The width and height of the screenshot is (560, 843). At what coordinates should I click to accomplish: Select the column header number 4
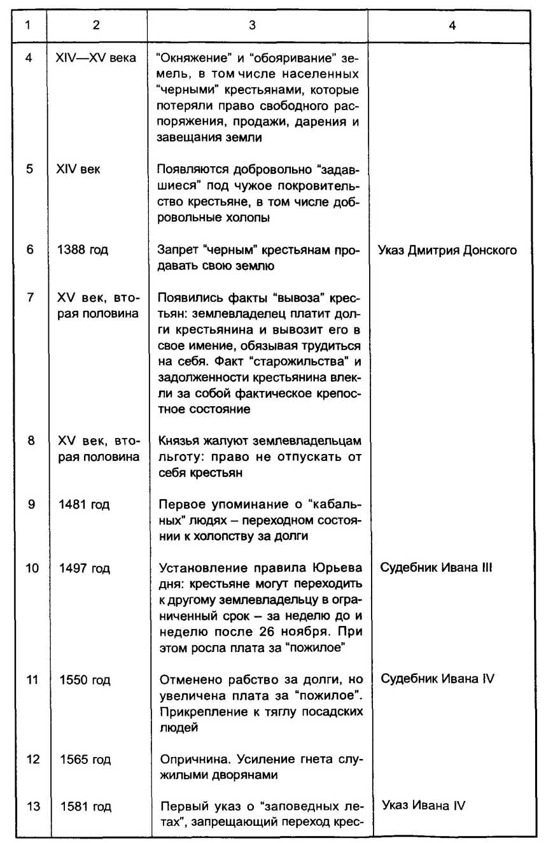(451, 27)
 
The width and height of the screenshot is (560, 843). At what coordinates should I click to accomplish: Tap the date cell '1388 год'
(83, 250)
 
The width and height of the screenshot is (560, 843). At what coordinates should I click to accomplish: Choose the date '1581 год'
(85, 807)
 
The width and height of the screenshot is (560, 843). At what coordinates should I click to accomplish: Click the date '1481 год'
(83, 505)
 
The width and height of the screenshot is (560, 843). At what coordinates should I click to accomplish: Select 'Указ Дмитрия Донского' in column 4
(447, 250)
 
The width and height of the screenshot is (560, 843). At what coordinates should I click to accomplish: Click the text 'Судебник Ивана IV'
(437, 679)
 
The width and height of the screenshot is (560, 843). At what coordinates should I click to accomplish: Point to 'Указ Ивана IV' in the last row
(423, 805)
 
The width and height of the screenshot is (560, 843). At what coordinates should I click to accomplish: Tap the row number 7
(30, 298)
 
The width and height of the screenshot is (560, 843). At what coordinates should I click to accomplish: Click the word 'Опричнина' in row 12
(188, 759)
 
